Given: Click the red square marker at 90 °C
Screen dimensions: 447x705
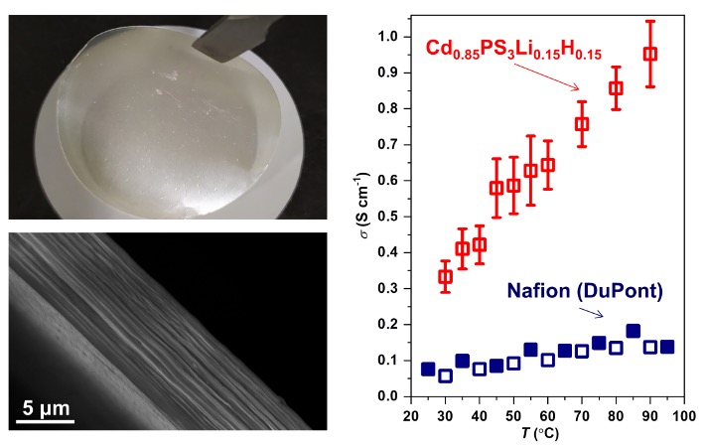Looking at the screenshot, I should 650,54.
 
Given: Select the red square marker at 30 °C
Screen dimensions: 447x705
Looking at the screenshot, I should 446,276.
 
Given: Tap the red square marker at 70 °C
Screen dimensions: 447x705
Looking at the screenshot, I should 582,124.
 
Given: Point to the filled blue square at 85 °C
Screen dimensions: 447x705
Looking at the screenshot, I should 633,332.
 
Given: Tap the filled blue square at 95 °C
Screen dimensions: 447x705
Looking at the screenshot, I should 667,347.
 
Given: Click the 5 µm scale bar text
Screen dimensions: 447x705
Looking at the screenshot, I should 48,408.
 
